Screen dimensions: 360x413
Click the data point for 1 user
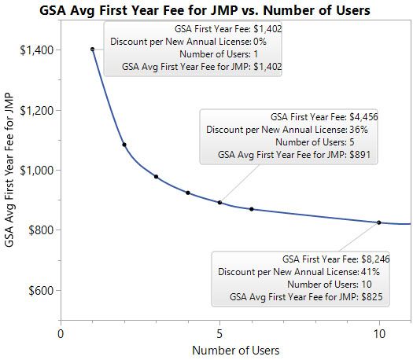[x=93, y=49]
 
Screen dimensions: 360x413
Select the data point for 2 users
[x=124, y=145]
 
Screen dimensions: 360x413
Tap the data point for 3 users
[x=156, y=177]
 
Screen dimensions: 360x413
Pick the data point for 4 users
[x=188, y=193]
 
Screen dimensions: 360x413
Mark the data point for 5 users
[x=219, y=203]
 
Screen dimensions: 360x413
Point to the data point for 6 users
[x=252, y=209]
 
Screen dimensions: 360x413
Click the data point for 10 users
[x=379, y=222]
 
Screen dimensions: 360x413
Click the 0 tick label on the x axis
[x=61, y=333]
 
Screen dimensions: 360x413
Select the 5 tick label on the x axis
[x=219, y=333]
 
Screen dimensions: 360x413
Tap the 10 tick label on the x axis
[x=379, y=333]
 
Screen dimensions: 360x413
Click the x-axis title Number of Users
[x=235, y=350]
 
